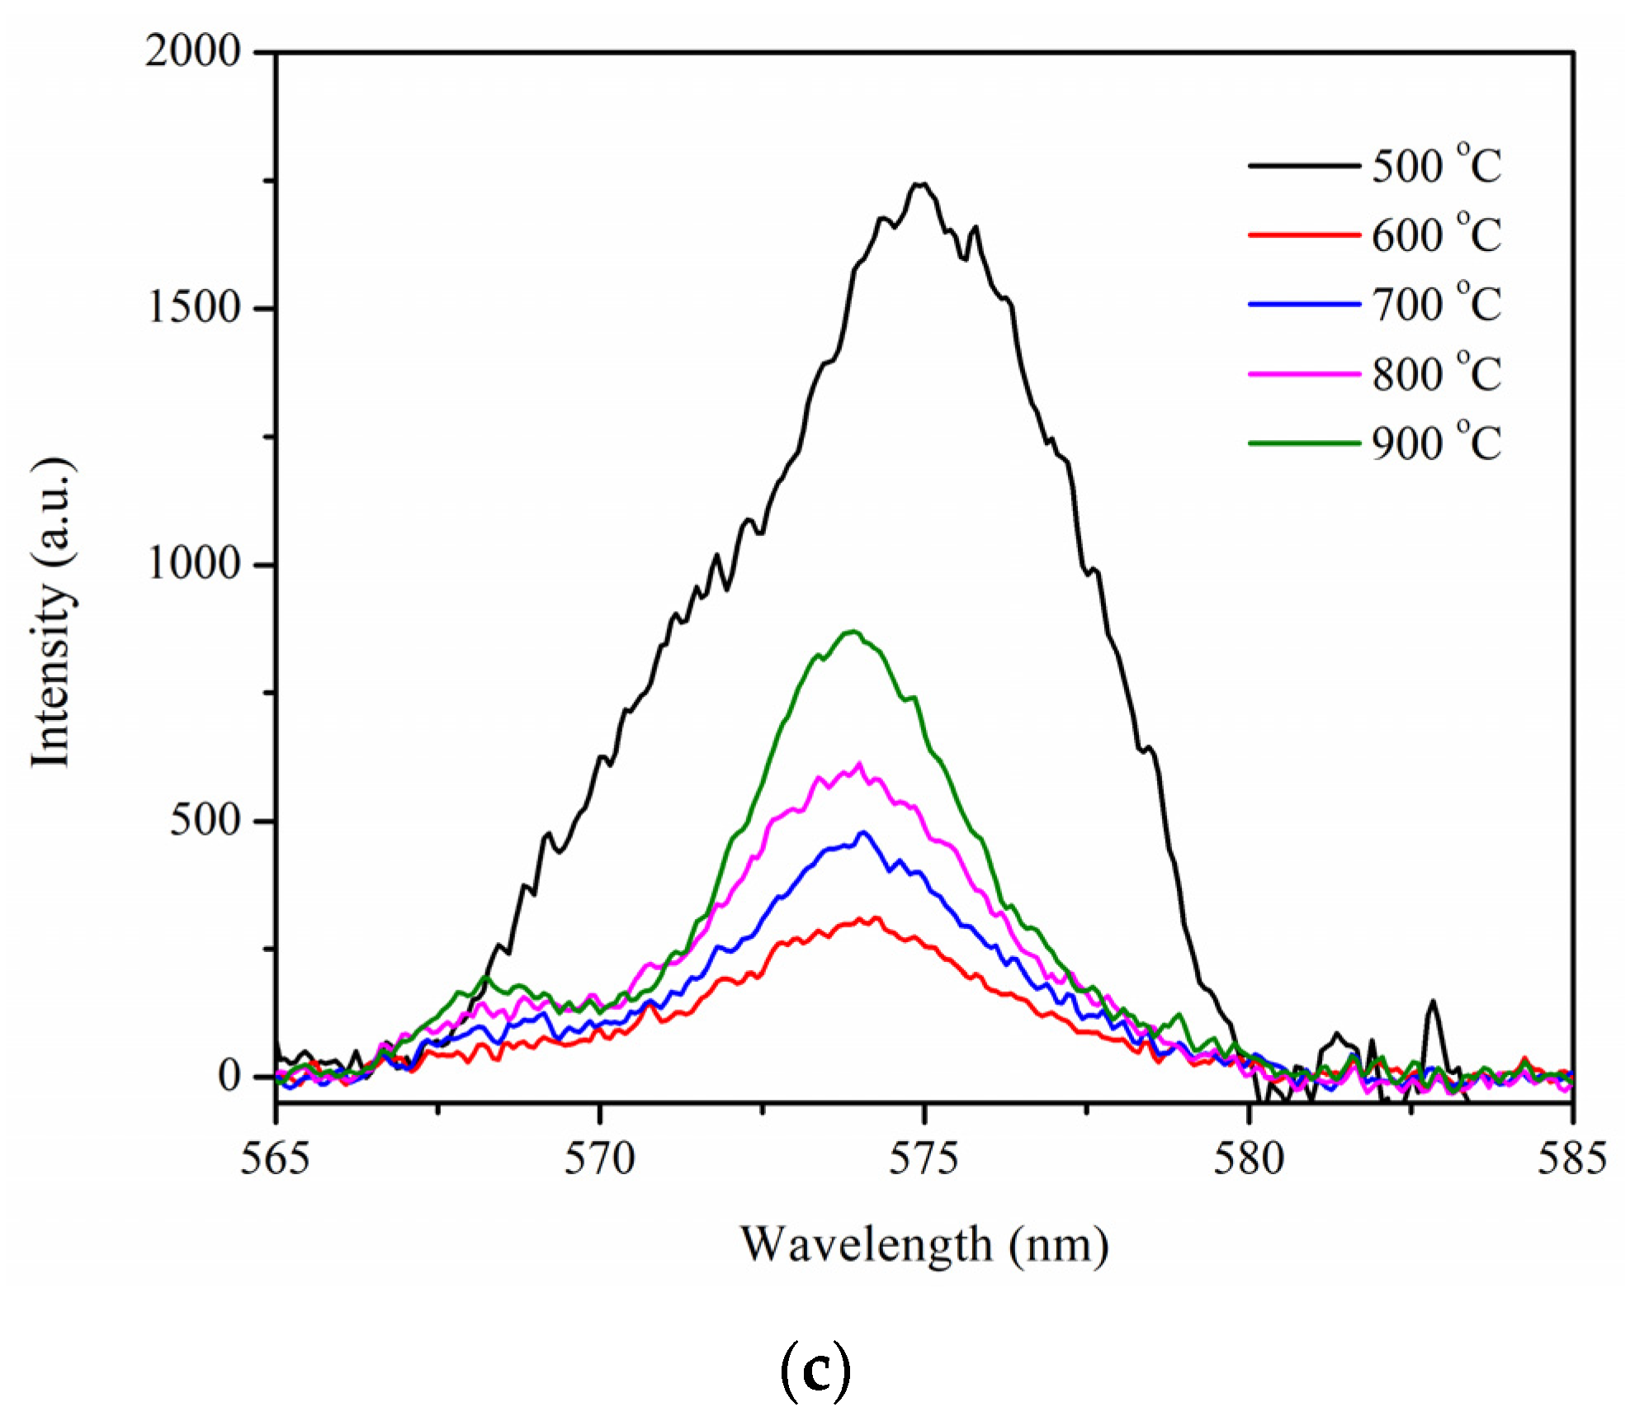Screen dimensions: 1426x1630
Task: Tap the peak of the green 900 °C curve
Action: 853,632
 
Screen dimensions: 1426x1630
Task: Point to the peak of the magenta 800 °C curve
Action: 859,764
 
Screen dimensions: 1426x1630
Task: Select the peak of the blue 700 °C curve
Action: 864,832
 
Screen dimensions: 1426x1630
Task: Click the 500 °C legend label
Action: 1436,165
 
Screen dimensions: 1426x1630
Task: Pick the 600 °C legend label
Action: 1436,235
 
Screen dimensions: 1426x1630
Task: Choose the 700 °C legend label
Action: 1436,304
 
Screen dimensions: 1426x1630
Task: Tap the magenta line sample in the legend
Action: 1304,374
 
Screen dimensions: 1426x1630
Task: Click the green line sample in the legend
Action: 1304,443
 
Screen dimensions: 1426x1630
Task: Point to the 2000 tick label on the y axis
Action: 193,51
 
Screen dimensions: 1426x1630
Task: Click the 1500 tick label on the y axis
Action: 193,308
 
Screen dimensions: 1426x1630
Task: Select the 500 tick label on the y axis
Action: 205,820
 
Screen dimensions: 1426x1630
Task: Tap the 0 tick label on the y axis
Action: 229,1076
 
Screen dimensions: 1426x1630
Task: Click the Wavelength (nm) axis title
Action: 924,1245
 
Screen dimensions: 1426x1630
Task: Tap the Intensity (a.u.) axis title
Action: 51,611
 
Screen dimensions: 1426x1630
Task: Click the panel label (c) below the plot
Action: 815,1371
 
